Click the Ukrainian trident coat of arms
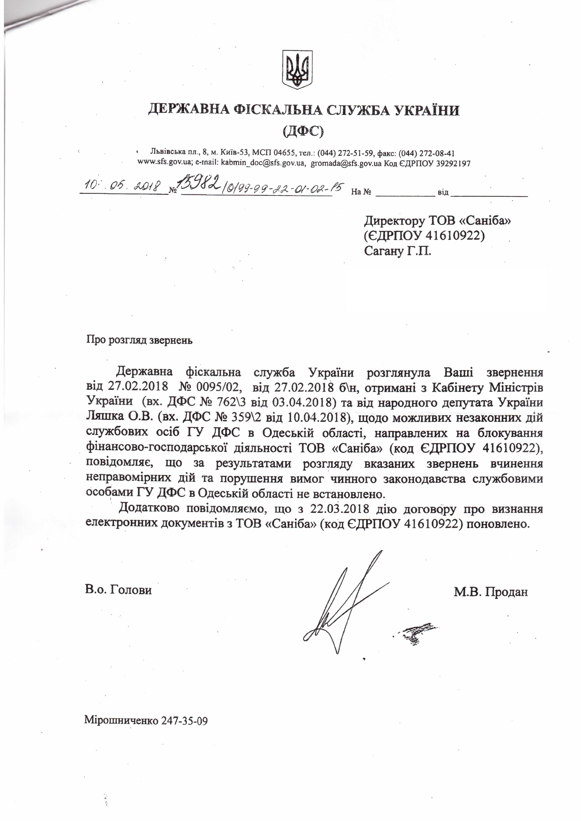[x=297, y=69]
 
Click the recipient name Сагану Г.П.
[x=397, y=251]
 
